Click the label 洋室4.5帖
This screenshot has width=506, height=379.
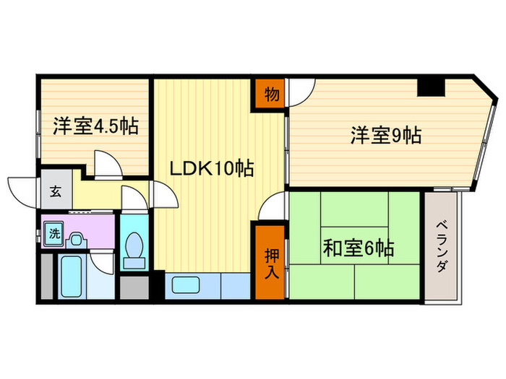[x=95, y=127]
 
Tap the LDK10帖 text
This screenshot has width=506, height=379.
[x=210, y=170]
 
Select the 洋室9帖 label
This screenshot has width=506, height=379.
[x=386, y=134]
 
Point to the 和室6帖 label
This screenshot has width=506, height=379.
[x=358, y=251]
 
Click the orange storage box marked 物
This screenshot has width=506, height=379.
[x=269, y=94]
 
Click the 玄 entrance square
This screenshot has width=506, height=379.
[x=55, y=191]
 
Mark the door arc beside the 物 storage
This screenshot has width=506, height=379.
[x=301, y=92]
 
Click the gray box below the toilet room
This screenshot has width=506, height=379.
[x=134, y=287]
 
